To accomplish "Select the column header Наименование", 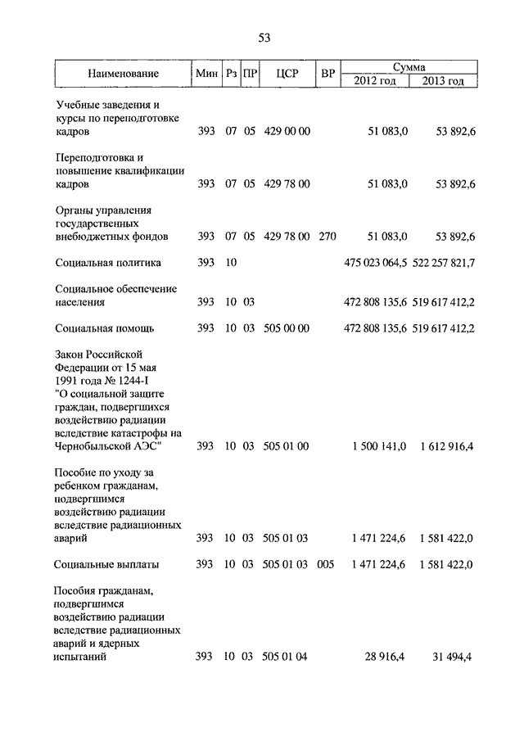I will [124, 75].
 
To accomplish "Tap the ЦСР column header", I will [287, 75].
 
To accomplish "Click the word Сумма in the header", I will [408, 66].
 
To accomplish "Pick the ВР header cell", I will [328, 75].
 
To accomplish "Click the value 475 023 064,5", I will [375, 263].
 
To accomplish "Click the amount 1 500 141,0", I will [379, 446].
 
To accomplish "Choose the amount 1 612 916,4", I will [447, 446].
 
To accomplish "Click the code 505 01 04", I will [287, 657].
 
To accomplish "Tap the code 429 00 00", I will [287, 132].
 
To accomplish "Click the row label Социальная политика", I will [109, 263].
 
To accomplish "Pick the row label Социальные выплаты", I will [107, 564].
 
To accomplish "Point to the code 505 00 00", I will [287, 328].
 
